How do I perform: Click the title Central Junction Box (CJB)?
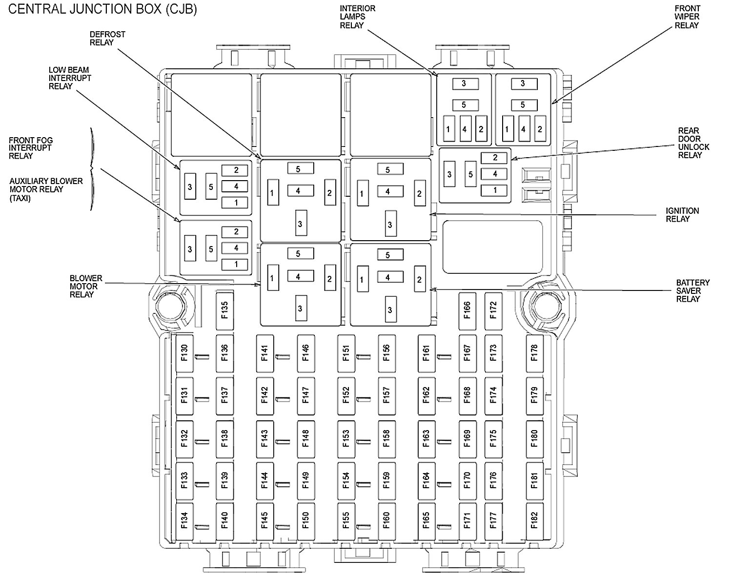pyautogui.click(x=103, y=10)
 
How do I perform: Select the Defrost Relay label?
pyautogui.click(x=107, y=39)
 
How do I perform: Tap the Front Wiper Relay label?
pyautogui.click(x=687, y=17)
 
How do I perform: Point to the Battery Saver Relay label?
pyautogui.click(x=692, y=291)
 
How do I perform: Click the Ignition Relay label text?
pyautogui.click(x=682, y=215)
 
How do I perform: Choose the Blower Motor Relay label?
pyautogui.click(x=85, y=287)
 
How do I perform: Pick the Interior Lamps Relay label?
pyautogui.click(x=358, y=17)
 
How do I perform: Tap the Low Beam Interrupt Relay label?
pyautogui.click(x=70, y=78)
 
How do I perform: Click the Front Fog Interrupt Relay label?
pyautogui.click(x=30, y=148)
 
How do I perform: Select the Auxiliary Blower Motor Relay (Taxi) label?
pyautogui.click(x=46, y=189)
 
